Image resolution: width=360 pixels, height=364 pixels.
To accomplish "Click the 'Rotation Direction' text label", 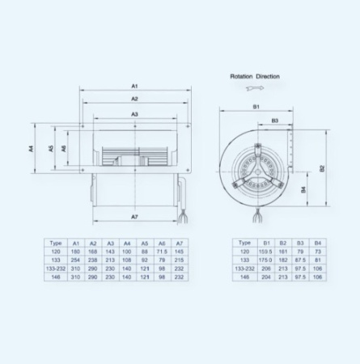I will [254, 76].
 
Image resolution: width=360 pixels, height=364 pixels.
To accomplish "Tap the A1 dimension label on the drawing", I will [135, 85].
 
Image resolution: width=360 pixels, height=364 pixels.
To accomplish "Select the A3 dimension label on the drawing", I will [135, 115].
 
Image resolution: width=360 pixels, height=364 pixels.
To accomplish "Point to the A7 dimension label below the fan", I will [135, 218].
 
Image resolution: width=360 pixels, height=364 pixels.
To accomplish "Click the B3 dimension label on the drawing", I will [274, 121].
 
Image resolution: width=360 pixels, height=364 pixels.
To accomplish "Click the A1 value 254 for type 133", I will [75, 260].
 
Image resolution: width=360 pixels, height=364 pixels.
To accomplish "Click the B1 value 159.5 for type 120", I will [266, 252].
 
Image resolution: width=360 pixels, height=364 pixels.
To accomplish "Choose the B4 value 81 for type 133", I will [318, 260].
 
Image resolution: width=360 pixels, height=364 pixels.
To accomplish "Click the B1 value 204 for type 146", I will [266, 277].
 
